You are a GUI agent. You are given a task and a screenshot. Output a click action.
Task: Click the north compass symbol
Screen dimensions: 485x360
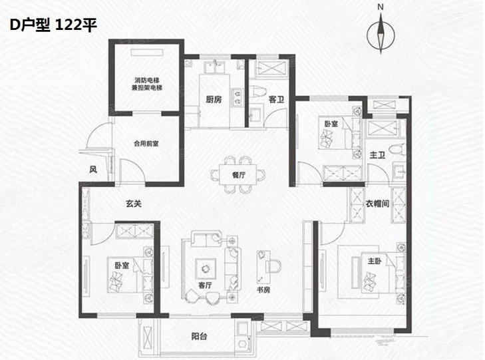click(x=381, y=34)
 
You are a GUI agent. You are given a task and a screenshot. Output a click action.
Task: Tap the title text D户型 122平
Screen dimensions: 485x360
click(x=53, y=25)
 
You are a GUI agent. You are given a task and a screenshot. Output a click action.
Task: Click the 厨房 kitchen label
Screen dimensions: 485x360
click(x=214, y=99)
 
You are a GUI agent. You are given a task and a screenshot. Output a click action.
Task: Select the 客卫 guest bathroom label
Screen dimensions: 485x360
click(x=276, y=100)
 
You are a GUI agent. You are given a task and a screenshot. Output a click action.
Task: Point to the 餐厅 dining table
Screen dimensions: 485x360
click(x=238, y=175)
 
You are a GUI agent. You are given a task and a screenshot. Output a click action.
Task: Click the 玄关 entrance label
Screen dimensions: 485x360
click(x=134, y=203)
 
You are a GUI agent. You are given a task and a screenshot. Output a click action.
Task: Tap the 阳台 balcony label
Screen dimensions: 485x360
click(x=199, y=336)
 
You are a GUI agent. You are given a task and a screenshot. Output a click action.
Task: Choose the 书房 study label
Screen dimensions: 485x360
click(x=263, y=289)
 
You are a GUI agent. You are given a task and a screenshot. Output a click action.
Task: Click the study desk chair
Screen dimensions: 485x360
click(x=274, y=266)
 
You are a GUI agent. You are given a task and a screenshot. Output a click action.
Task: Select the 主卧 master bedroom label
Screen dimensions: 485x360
click(x=375, y=261)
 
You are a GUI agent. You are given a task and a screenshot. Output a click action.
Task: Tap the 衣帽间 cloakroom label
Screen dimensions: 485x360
click(x=377, y=204)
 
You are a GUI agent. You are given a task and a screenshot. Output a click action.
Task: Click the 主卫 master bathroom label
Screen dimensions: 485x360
click(x=377, y=154)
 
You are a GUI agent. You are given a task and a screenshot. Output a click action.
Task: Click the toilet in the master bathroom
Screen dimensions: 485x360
click(x=397, y=150)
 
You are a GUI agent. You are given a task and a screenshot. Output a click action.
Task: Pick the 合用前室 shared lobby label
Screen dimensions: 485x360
click(x=146, y=144)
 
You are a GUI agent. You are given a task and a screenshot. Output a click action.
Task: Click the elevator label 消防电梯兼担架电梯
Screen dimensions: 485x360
click(x=146, y=84)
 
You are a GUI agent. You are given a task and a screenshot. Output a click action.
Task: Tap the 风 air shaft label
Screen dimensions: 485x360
click(x=93, y=169)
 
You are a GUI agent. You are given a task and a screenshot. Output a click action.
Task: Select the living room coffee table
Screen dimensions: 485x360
click(x=205, y=268)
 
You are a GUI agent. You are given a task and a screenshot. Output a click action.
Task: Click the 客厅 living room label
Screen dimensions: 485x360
click(x=205, y=285)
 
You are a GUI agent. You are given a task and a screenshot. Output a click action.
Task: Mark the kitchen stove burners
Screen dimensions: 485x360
click(x=237, y=97)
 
